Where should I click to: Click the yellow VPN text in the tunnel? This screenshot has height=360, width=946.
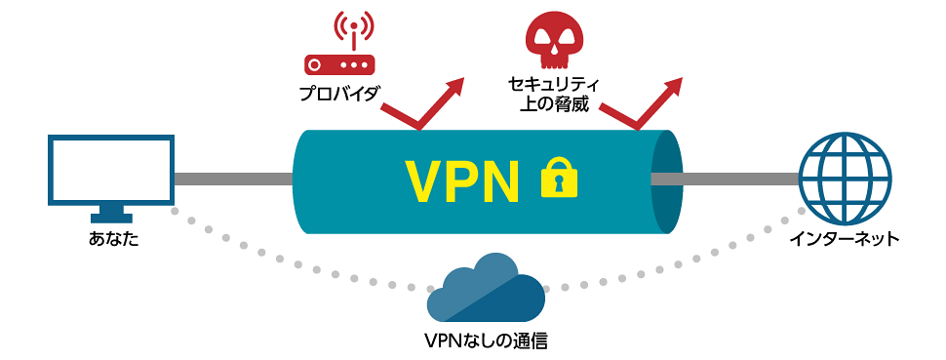point(461,179)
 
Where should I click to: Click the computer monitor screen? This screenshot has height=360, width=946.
point(111,169)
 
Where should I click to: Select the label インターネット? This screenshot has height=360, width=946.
point(845,240)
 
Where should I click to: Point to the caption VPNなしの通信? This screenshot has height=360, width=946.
point(486,341)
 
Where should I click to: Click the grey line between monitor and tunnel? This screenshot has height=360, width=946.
point(234,179)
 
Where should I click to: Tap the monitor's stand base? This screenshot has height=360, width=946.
point(110,218)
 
